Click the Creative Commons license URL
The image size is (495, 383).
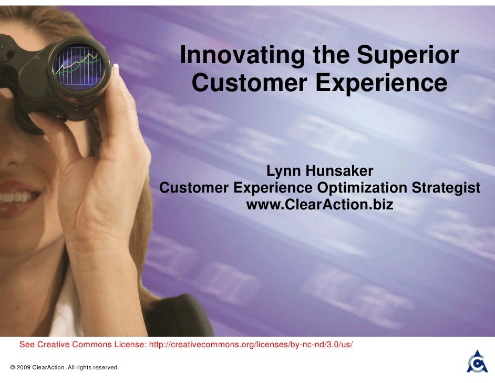coord(251,345)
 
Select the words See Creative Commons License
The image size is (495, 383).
coord(83,345)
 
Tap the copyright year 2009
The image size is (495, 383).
coord(23,367)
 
